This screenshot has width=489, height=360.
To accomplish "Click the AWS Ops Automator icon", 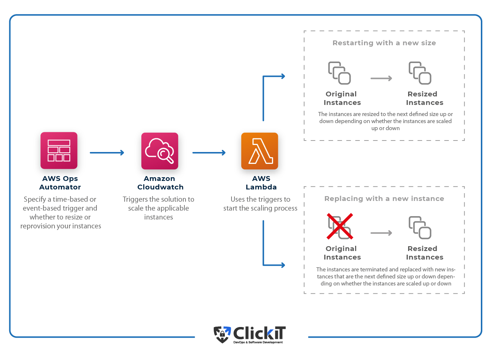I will [x=59, y=151].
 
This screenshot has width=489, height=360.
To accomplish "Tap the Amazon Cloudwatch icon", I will [x=160, y=151].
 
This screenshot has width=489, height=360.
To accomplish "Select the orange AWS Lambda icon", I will [x=260, y=151].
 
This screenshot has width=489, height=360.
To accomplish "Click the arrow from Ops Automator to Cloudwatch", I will [x=107, y=153].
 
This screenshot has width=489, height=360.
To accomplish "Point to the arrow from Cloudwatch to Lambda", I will [x=209, y=153].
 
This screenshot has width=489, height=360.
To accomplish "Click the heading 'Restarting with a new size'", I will [x=384, y=43].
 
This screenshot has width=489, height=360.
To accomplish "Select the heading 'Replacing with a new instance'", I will [x=384, y=199].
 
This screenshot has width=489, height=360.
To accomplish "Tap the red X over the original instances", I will [x=340, y=226].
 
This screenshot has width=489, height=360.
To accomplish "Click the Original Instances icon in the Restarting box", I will [x=339, y=73].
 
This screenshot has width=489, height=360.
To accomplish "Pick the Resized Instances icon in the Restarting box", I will [x=420, y=73].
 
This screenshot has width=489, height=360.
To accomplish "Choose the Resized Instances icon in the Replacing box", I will [x=420, y=228].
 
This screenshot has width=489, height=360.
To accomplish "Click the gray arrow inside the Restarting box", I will [x=381, y=79].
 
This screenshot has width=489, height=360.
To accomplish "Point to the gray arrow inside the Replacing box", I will [x=381, y=233].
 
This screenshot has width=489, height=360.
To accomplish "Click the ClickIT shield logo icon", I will [x=222, y=334].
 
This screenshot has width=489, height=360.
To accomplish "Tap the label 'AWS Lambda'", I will [x=261, y=183].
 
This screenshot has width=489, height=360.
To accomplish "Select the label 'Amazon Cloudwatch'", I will [x=160, y=183].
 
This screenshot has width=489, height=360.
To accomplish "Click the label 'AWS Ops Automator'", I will [x=60, y=183].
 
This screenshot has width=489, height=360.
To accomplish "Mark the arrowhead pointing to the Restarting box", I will [x=283, y=76].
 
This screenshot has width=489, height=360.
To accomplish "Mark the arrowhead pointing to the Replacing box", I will [x=283, y=265].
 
